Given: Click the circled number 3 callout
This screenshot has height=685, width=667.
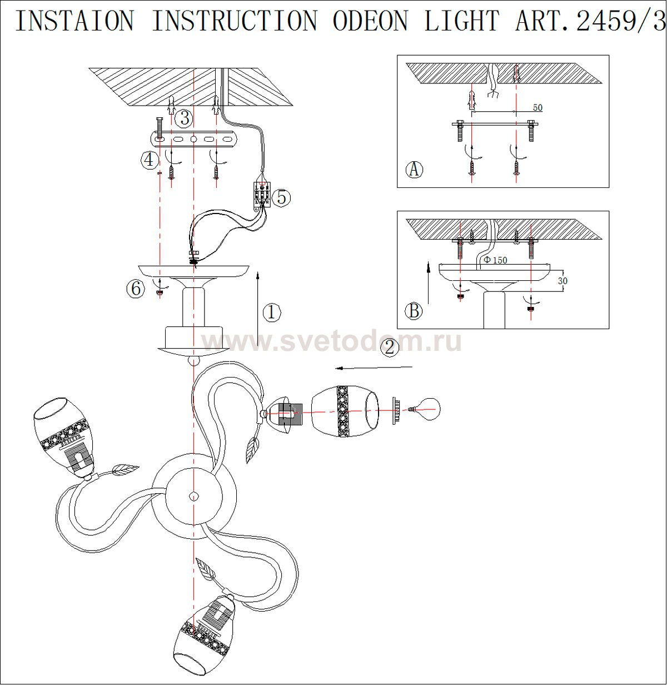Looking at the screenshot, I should pos(184,118).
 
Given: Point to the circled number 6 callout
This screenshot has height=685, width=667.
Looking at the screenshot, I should pos(136,289).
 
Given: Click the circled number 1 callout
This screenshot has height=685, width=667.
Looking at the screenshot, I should pos(271,312).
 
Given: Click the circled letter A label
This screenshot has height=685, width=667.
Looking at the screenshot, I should pos(413,169).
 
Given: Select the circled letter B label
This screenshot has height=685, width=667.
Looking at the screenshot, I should pos(414,311).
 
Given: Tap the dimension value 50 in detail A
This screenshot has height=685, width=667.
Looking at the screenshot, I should pos(537,108).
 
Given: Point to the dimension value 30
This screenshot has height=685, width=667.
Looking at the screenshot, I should pos(563,281).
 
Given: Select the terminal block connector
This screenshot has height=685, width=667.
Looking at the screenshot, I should pos(261,195).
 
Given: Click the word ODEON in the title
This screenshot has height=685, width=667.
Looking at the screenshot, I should pos(370,21).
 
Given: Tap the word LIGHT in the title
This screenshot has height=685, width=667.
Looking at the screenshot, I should pos(462,21).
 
